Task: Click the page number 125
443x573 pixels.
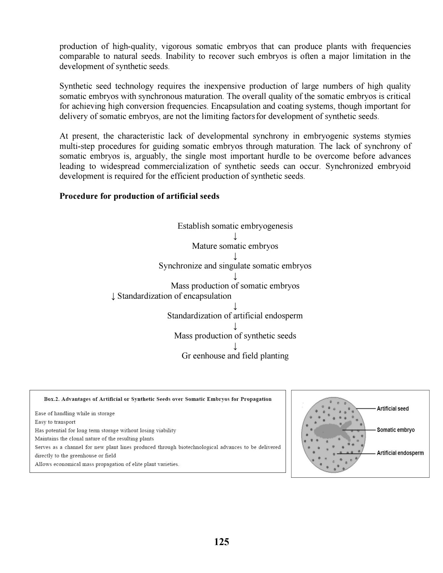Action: coord(221,542)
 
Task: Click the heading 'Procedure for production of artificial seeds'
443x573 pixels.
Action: coord(139,196)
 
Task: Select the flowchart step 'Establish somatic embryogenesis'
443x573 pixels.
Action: coord(235,226)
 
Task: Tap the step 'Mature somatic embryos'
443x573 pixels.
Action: coord(235,246)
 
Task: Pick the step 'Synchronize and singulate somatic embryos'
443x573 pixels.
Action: coord(235,266)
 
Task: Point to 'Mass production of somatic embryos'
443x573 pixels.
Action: coord(235,286)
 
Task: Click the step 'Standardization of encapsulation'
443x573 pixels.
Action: coord(174,296)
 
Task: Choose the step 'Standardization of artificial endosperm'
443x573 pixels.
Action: coord(235,316)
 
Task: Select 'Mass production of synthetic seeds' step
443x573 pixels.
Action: coord(235,336)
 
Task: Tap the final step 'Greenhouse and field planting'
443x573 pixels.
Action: coord(235,356)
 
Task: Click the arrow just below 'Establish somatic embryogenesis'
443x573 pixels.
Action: coord(235,236)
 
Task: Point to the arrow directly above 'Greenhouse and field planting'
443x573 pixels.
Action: coord(235,346)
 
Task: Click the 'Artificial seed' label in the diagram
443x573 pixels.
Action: coord(393,409)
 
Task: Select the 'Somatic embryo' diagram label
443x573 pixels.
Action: coord(396,430)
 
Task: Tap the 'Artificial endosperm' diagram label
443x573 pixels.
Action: coord(400,453)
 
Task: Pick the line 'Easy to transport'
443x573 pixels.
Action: coord(55,422)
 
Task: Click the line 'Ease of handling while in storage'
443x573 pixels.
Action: coord(75,413)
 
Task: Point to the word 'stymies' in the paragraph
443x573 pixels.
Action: coord(399,136)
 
